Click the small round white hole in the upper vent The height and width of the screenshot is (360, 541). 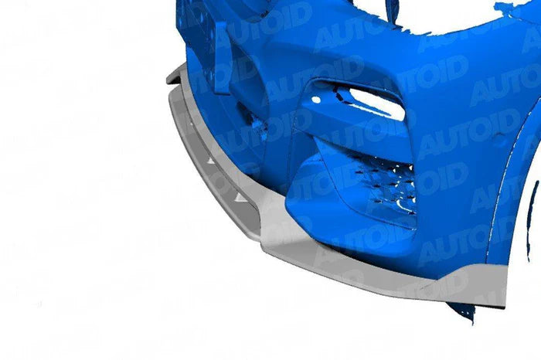pyautogui.click(x=316, y=100)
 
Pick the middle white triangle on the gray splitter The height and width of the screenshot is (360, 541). pyautogui.click(x=211, y=161)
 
